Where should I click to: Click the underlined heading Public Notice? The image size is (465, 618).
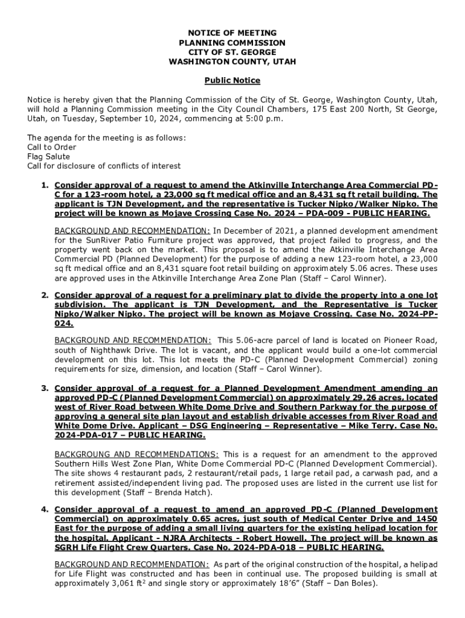232,80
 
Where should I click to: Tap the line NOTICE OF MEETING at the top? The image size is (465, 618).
232,33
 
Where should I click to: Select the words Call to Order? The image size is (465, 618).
52,147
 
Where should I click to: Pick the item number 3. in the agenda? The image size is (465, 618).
45,388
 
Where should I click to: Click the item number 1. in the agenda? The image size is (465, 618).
45,185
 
